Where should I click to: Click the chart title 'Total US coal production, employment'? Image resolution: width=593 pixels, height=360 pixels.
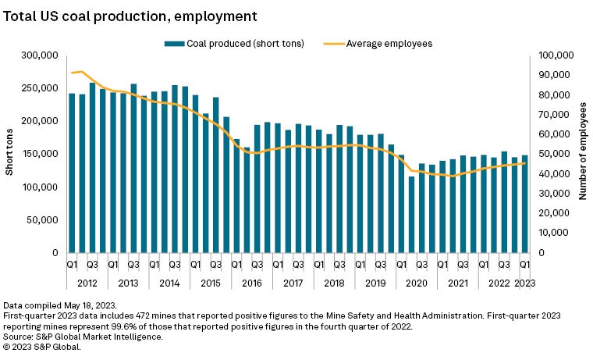130,15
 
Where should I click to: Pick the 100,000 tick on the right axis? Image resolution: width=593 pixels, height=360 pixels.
556,55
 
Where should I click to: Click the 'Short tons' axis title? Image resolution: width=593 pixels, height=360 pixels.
10,155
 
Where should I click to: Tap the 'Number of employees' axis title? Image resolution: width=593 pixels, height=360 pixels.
582,155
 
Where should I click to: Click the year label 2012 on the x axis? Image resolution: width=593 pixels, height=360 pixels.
87,283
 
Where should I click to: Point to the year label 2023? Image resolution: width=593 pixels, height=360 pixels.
524,283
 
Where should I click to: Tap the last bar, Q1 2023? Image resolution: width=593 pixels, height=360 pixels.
524,204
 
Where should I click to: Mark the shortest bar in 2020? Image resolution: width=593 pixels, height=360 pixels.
411,215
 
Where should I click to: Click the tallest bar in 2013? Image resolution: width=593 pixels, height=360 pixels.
133,169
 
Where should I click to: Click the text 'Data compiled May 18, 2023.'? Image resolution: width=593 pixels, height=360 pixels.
60,305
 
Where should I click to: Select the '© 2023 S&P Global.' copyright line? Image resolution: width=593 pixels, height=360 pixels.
42,346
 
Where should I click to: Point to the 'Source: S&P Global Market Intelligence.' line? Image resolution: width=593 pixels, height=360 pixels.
83,336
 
